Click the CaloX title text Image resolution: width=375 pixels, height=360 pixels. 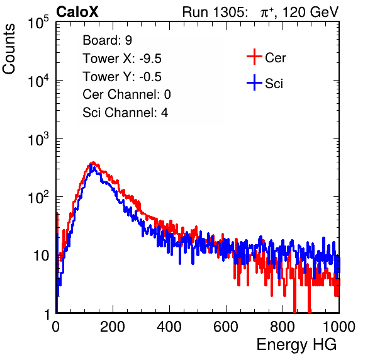(77, 12)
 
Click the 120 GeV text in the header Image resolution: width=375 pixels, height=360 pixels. (310, 12)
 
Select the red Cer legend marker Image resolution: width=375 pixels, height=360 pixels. (254, 57)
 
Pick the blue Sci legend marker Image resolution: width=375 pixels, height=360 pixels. (254, 82)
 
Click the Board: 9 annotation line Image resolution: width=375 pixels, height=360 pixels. (107, 40)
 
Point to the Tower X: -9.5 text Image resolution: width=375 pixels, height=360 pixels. (122, 59)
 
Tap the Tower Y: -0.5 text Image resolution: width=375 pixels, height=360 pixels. (122, 77)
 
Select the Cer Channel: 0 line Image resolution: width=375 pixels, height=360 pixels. (126, 94)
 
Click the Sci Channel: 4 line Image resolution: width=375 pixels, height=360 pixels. (125, 113)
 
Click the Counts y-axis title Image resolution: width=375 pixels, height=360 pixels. (9, 49)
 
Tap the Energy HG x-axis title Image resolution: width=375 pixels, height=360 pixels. (296, 345)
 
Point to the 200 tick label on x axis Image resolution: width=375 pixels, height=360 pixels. (113, 327)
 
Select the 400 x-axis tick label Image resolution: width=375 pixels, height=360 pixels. (169, 327)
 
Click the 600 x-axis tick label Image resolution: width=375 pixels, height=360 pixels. (226, 327)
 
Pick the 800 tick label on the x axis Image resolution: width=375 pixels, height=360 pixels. (283, 327)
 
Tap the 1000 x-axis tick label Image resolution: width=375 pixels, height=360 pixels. (339, 327)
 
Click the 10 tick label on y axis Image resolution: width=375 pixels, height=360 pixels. (42, 256)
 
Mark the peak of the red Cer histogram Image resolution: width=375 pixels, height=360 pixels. (93, 162)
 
